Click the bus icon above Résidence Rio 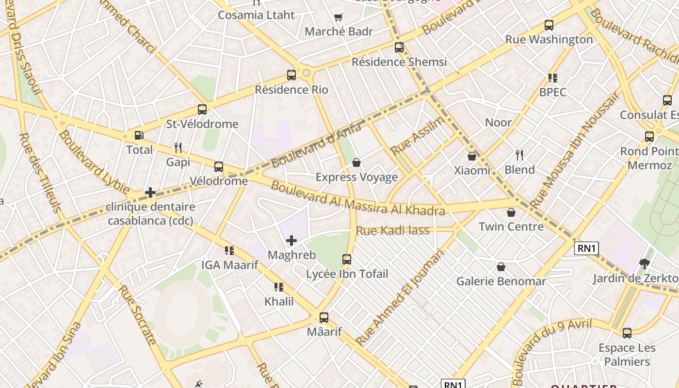click(x=291, y=75)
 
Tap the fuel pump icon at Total click(x=139, y=135)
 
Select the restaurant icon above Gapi click(x=178, y=147)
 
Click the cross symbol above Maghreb click(x=291, y=241)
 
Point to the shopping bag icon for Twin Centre click(x=511, y=212)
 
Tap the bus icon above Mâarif click(x=324, y=318)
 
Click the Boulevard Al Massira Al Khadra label click(x=357, y=198)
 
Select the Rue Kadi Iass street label click(x=393, y=230)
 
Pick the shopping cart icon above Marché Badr click(x=339, y=17)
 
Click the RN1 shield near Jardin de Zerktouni click(x=586, y=248)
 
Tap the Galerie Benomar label click(x=501, y=281)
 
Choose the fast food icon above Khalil click(x=279, y=287)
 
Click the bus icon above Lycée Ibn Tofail click(x=347, y=259)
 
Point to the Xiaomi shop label click(x=472, y=170)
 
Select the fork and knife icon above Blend click(x=519, y=155)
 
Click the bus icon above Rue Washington click(x=549, y=25)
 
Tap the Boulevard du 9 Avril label click(x=552, y=351)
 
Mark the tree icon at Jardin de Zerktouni click(x=645, y=264)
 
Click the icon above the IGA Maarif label click(x=229, y=251)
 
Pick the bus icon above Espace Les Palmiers click(x=627, y=333)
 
